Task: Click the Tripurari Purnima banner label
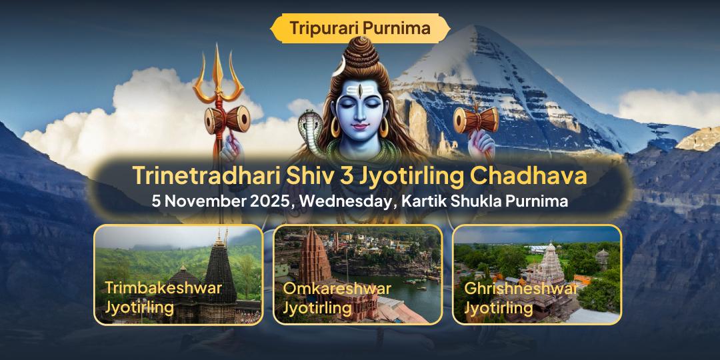(x=360, y=28)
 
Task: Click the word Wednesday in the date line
(x=345, y=201)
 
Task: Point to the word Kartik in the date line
(x=423, y=201)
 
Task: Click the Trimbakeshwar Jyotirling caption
(x=163, y=298)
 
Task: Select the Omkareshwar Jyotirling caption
(x=337, y=298)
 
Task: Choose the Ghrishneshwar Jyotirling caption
(x=520, y=298)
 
